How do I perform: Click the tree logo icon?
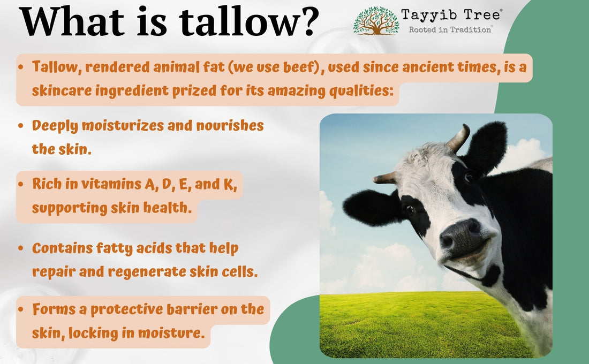click(x=376, y=21)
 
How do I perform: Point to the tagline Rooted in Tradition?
click(x=450, y=29)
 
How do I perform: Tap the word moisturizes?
click(x=123, y=125)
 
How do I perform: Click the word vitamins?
click(x=110, y=184)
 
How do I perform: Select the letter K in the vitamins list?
click(x=230, y=184)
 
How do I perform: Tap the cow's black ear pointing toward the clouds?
click(x=485, y=148)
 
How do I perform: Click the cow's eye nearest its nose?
click(x=409, y=209)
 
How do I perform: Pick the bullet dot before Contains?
click(x=21, y=248)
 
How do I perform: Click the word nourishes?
click(x=230, y=125)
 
